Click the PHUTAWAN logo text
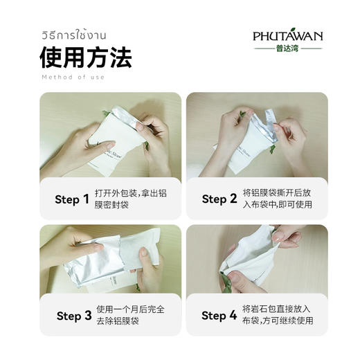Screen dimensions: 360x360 287,36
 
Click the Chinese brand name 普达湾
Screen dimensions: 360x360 287,48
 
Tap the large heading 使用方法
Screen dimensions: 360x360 85,58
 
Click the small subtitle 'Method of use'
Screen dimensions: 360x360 73,77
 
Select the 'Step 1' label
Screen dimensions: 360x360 72,199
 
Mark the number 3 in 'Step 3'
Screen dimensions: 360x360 88,316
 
